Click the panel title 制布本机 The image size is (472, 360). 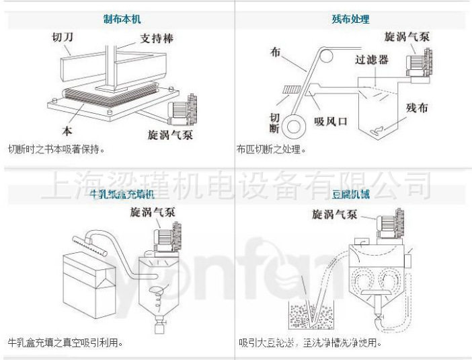[x=122, y=20]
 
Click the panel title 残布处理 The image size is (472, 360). [x=350, y=20]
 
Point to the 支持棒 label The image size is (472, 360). [x=157, y=38]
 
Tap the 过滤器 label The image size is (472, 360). [x=372, y=60]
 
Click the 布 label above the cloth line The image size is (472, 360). [x=274, y=52]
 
